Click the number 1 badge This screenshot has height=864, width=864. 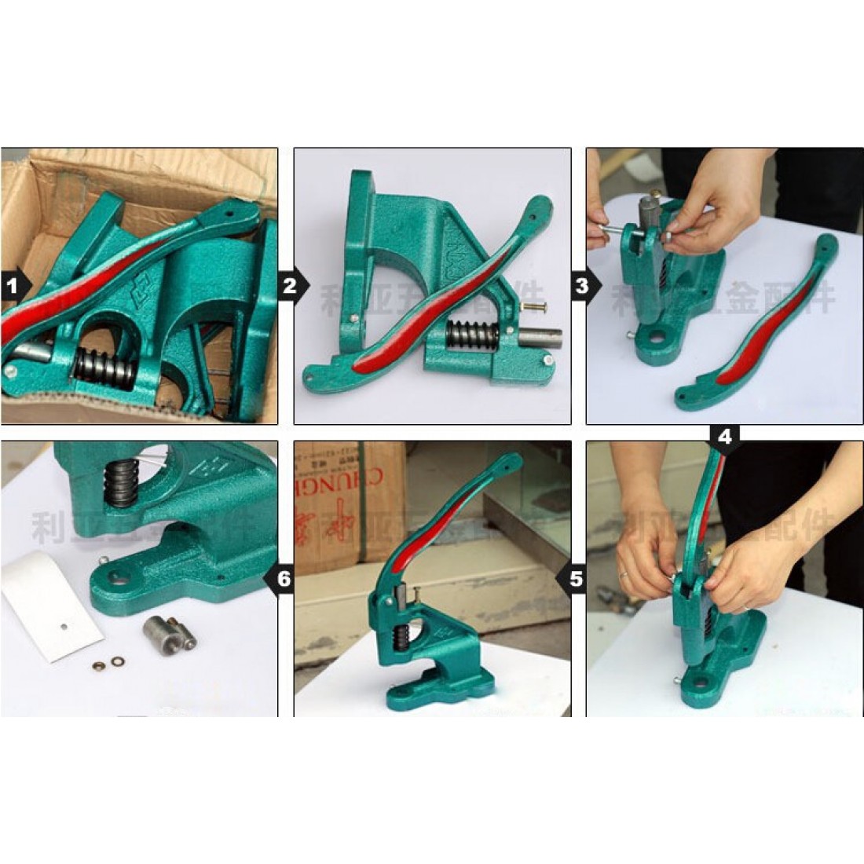[12, 286]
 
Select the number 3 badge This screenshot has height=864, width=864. [582, 286]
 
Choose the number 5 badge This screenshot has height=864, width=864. [576, 579]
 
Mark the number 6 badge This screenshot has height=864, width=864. [283, 579]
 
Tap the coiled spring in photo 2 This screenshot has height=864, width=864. [471, 336]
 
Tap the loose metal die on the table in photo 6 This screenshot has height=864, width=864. [159, 630]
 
